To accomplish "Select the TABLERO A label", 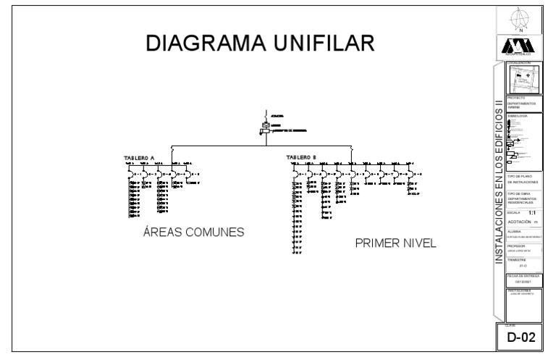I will pyautogui.click(x=140, y=157).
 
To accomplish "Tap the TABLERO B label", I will pyautogui.click(x=301, y=157).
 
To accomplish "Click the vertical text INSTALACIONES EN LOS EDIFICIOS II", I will pyautogui.click(x=498, y=188).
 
